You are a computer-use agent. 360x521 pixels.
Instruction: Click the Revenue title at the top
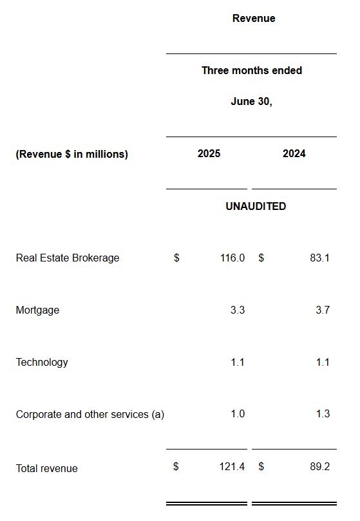[x=253, y=19]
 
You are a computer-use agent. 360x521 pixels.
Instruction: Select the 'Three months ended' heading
[x=251, y=71]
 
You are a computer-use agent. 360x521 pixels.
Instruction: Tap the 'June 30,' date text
[x=251, y=102]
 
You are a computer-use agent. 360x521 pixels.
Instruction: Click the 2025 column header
[x=209, y=154]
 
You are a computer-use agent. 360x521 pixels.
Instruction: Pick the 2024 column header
[x=294, y=154]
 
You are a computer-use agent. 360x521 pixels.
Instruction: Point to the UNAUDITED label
[x=256, y=207]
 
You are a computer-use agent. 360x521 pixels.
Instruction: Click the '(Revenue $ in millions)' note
[x=71, y=155]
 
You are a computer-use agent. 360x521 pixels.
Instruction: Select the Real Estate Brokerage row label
[x=68, y=258]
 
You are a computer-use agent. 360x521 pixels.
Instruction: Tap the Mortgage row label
[x=37, y=310]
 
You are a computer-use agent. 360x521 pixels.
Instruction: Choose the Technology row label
[x=42, y=363]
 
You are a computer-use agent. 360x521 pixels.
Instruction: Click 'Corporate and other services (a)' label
[x=90, y=415]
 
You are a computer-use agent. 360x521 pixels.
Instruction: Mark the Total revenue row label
[x=46, y=469]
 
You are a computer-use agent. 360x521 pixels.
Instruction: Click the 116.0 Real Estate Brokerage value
[x=232, y=258]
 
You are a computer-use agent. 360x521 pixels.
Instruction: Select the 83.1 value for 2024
[x=319, y=258]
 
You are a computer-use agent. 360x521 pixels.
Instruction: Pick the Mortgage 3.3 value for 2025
[x=237, y=310]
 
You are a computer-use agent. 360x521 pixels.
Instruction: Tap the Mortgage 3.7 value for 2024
[x=323, y=310]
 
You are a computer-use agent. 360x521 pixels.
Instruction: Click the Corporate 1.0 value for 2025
[x=237, y=414]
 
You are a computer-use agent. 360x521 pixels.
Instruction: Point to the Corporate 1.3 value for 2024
[x=323, y=414]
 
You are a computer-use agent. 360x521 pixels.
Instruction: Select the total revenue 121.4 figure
[x=232, y=467]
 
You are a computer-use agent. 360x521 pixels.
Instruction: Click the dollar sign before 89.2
[x=261, y=467]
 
